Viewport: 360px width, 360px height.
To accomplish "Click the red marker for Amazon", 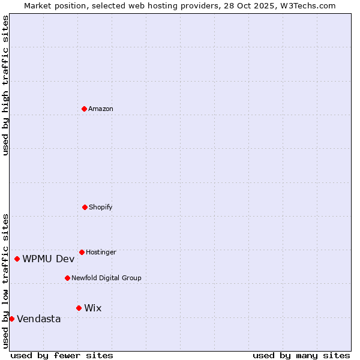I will (x=84, y=109).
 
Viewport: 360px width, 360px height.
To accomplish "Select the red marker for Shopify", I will (x=85, y=207).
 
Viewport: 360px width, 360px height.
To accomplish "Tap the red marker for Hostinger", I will (x=82, y=252).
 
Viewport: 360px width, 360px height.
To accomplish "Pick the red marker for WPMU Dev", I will (x=17, y=259).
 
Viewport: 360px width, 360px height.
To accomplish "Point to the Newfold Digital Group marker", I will (x=67, y=278).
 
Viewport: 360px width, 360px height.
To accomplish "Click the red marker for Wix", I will (x=79, y=308).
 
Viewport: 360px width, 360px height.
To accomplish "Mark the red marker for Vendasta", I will (x=11, y=319).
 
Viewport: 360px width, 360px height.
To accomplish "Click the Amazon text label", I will (x=101, y=109).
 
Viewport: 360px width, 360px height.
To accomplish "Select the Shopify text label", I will (x=101, y=207).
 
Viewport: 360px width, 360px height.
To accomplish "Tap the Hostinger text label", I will (x=101, y=252).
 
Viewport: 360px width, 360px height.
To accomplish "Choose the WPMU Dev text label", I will (x=49, y=259).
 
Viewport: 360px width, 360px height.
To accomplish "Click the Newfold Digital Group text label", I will (x=106, y=278).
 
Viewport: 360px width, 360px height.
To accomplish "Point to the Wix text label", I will (x=93, y=308).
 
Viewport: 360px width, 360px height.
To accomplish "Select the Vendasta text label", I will (x=39, y=319).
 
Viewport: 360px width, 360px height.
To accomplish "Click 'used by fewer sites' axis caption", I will (x=62, y=355).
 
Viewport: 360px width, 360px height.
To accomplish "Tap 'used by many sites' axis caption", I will (x=301, y=355).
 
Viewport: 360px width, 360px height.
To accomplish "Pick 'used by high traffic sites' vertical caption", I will (x=5, y=85).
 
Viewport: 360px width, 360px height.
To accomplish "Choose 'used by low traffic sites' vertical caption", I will (x=5, y=281).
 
